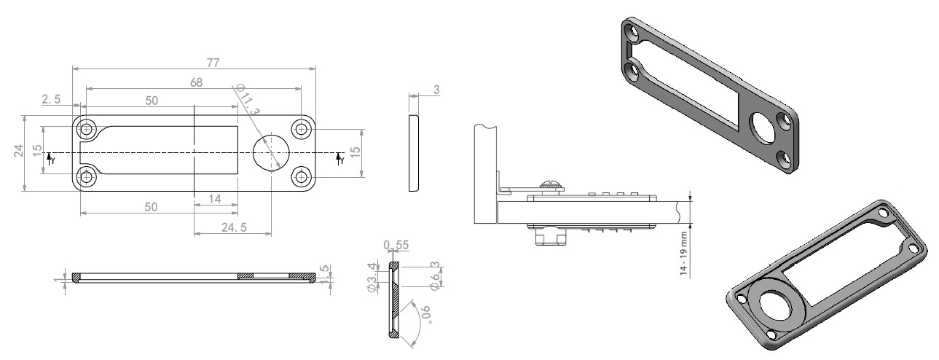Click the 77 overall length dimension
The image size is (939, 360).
(x=213, y=63)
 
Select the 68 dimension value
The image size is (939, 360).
(x=196, y=82)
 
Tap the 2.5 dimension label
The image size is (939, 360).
(x=51, y=99)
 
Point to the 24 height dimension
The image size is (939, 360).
(x=18, y=151)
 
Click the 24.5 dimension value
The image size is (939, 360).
(x=234, y=227)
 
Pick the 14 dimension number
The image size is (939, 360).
(x=215, y=199)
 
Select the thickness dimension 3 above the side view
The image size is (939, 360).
(x=436, y=90)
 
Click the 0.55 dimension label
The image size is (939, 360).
(x=396, y=245)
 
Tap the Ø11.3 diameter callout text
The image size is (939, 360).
(x=248, y=99)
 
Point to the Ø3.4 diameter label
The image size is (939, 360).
(x=372, y=277)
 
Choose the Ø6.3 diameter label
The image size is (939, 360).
(x=436, y=275)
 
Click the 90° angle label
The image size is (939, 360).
(x=425, y=314)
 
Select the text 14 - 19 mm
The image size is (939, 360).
(x=684, y=254)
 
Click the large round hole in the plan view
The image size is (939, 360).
(x=271, y=152)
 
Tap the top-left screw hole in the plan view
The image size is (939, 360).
(x=87, y=129)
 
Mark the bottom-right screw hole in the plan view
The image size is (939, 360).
(x=301, y=177)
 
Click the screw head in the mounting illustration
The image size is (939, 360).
(x=551, y=185)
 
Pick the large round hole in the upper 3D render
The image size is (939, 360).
(x=763, y=128)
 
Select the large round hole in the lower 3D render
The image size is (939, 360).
(x=774, y=305)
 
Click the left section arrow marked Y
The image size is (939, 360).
(x=50, y=159)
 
